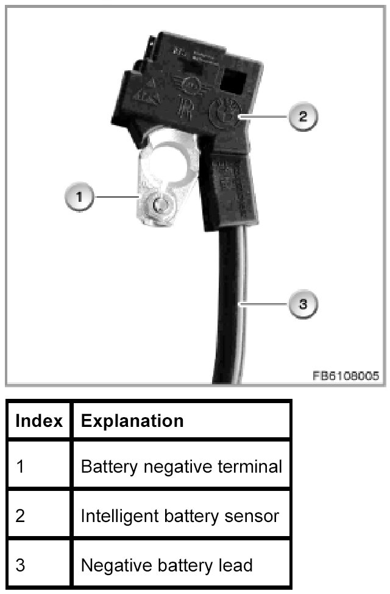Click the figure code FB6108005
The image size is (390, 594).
tap(346, 376)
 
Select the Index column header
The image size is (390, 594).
tap(39, 421)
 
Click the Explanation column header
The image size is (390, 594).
tap(132, 421)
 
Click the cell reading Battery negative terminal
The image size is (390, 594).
tap(181, 467)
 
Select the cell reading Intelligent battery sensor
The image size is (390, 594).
tap(180, 516)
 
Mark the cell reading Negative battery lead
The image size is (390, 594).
tap(166, 565)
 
